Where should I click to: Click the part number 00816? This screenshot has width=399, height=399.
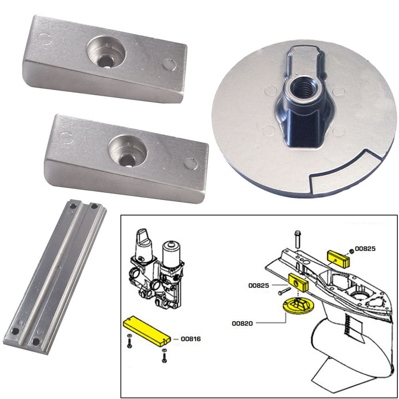click(190, 339)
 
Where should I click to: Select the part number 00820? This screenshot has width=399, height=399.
click(242, 323)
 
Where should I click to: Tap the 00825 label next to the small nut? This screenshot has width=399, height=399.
click(365, 249)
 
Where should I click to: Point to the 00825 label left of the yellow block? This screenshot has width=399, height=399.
click(259, 285)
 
